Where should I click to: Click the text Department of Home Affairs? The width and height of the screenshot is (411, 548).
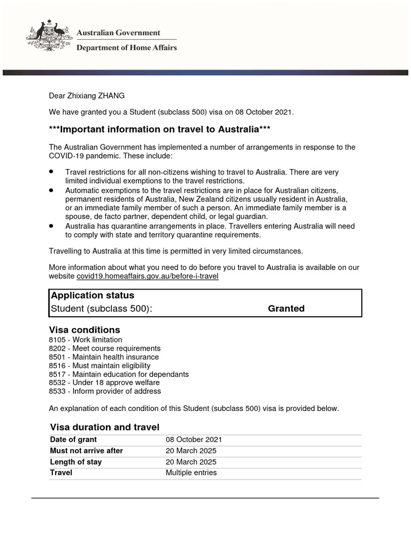click(127, 48)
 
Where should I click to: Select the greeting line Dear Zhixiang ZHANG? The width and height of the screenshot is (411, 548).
click(87, 96)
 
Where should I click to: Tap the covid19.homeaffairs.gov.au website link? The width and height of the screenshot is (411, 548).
click(148, 276)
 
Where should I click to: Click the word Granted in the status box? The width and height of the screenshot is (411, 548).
click(286, 308)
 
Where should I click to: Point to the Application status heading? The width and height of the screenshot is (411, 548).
click(92, 295)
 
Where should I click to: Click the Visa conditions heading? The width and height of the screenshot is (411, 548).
click(85, 330)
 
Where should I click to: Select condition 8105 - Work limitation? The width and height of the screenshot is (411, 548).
click(85, 340)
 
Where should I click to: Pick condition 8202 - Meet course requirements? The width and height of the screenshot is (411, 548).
click(104, 348)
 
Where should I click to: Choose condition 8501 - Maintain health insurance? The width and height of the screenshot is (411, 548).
click(104, 357)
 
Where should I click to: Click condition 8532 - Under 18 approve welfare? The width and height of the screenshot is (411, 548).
click(104, 383)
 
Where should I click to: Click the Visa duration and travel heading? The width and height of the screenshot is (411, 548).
click(104, 427)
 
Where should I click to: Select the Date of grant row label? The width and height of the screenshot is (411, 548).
click(73, 439)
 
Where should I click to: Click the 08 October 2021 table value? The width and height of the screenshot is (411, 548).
click(194, 439)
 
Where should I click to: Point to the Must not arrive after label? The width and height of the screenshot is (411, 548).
click(86, 451)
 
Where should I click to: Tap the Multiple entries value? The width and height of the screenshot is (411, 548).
click(191, 473)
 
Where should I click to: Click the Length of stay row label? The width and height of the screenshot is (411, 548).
click(75, 462)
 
